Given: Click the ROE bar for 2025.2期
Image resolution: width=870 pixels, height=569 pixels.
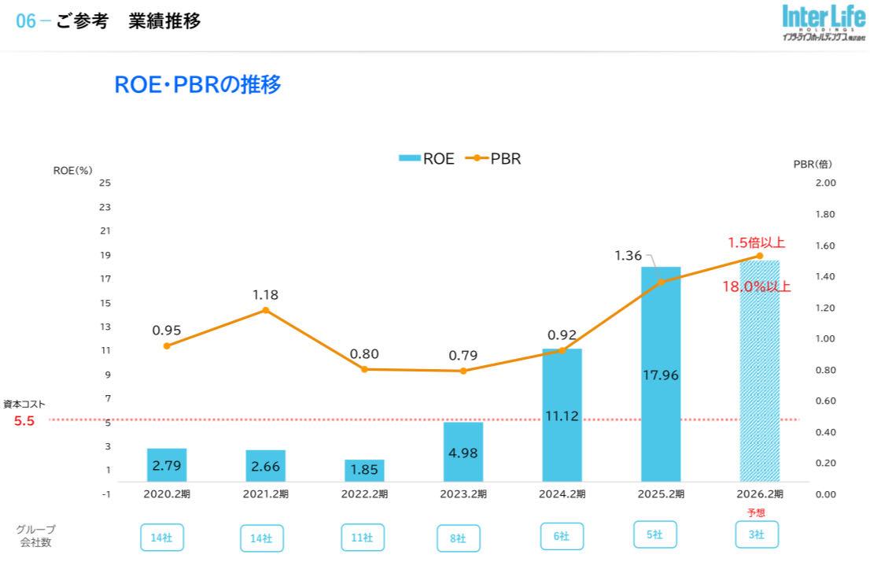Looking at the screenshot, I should coord(661,374).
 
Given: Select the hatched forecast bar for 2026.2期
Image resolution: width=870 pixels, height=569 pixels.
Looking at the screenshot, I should coord(759,370).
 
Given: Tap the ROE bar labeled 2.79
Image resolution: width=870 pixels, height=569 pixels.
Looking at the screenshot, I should coord(167,465).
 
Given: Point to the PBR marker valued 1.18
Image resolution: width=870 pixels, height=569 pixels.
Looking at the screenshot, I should coord(265,310).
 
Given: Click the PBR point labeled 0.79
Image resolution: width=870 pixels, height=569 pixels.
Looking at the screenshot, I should coord(463,371).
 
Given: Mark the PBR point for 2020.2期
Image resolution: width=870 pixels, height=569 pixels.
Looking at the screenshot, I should coord(167,345).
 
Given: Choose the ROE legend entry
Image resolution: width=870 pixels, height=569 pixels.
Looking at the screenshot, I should coord(426,158).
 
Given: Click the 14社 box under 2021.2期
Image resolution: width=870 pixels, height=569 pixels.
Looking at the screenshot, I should coord(262,538).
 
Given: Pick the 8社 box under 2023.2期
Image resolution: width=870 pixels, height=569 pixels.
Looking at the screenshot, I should coord(459,538).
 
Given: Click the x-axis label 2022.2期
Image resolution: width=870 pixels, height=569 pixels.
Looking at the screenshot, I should coord(364,494).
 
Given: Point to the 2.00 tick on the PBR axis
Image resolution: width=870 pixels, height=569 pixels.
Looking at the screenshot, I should coord(824,183).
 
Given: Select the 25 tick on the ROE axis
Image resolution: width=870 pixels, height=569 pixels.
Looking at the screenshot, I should coord(105,183).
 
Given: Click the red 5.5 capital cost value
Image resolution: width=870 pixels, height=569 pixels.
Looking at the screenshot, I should coord(24,421).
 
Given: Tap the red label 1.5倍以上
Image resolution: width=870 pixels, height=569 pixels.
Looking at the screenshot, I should coord(756,242).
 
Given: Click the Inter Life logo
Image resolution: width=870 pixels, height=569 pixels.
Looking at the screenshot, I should coord(822,24).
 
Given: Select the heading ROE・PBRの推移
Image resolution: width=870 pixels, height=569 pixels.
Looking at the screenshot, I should coord(197,85).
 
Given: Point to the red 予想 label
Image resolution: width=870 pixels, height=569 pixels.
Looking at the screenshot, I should coord(756,512).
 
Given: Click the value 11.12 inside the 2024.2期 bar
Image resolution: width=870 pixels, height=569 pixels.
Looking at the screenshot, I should coord(562,416).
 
